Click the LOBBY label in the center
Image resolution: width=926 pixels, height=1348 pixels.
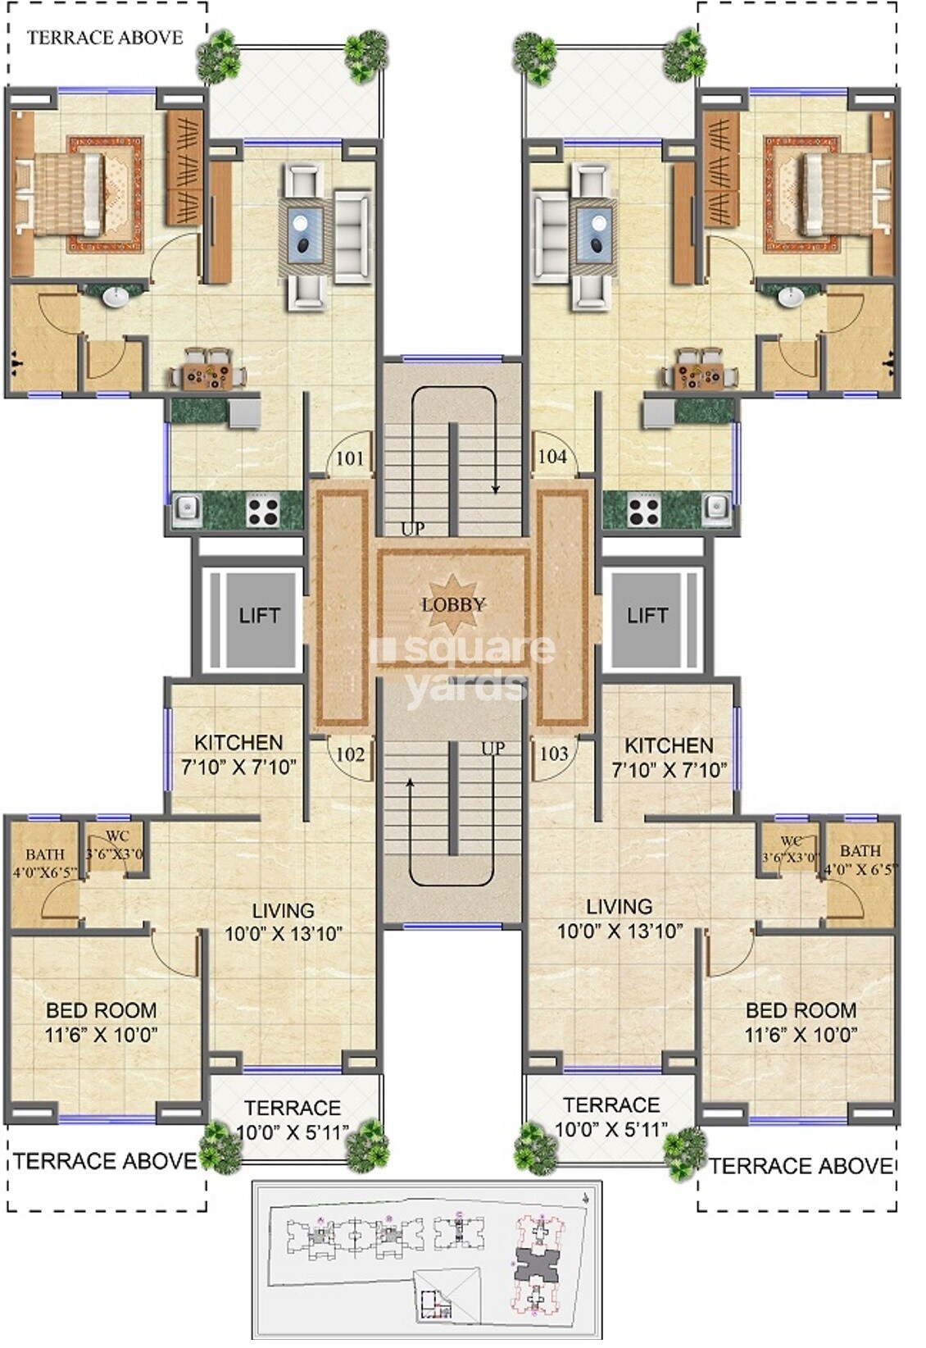click(453, 605)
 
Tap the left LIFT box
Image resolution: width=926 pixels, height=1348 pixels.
click(259, 616)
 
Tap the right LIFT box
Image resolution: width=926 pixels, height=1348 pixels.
click(647, 616)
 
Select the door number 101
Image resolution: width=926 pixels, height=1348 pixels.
click(350, 458)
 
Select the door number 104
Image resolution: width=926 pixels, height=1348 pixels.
click(552, 457)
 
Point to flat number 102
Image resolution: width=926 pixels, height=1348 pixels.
click(350, 754)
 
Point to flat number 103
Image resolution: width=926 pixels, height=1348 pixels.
click(554, 754)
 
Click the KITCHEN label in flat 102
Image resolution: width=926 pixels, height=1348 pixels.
click(238, 743)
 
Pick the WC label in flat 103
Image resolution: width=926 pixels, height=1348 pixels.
click(791, 842)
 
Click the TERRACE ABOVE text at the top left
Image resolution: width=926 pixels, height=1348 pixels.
click(105, 38)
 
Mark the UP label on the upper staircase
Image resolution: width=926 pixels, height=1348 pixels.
click(412, 529)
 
